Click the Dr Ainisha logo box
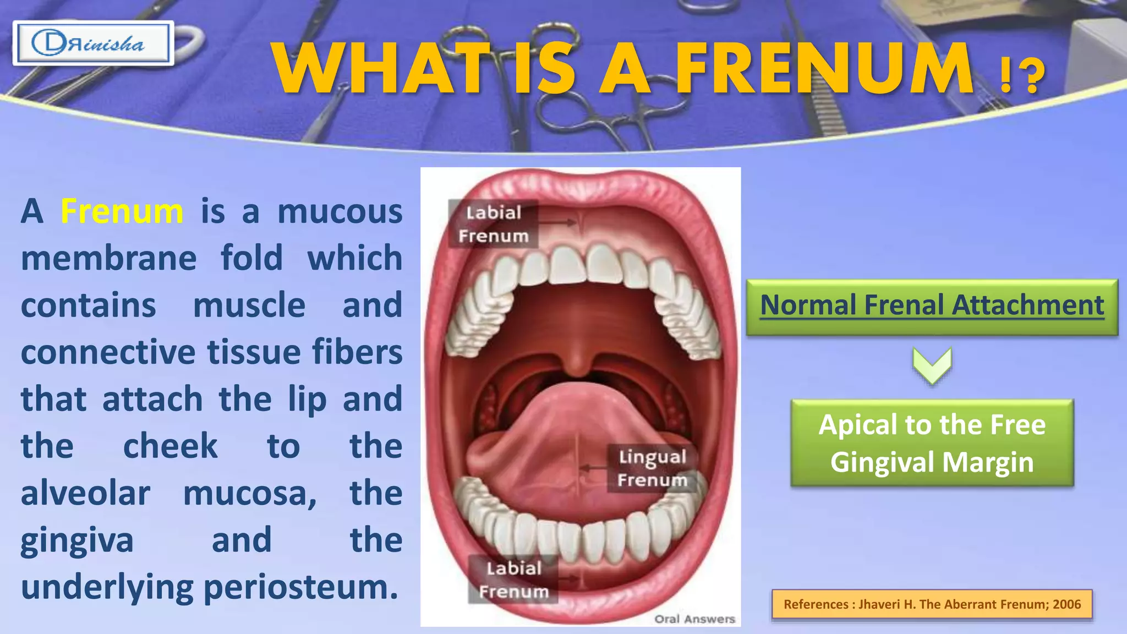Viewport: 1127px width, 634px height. coord(93,43)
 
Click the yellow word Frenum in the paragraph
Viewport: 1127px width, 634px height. coord(122,211)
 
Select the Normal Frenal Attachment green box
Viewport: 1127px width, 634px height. coord(932,306)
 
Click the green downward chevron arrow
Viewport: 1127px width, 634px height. coord(932,365)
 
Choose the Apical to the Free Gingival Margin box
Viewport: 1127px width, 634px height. coord(932,443)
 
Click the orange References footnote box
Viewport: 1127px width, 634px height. coord(932,604)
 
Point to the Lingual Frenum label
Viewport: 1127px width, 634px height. coord(652,468)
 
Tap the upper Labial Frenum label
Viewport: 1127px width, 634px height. coord(493,224)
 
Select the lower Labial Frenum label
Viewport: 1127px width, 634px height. coord(513,580)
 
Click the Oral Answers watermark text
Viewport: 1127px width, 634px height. coord(694,619)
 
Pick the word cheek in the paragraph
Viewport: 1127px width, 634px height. coord(170,446)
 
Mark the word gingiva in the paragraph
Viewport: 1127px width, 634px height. coord(77,540)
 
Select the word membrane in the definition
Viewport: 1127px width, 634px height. coord(108,259)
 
